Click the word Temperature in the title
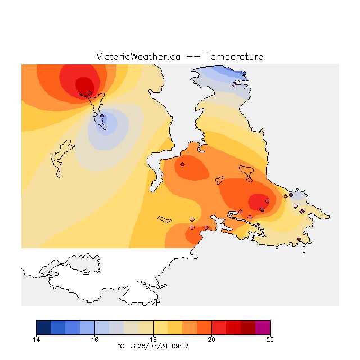point(234,57)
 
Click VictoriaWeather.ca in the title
point(138,57)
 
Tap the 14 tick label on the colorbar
point(36,340)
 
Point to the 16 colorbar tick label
point(94,340)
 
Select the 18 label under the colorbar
point(153,340)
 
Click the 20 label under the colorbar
point(211,340)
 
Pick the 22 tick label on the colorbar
point(270,340)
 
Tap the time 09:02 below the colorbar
point(180,346)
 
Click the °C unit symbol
point(121,346)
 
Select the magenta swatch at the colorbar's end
point(263,327)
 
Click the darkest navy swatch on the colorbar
point(43,327)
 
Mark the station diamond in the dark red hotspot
point(90,93)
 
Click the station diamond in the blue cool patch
point(102,116)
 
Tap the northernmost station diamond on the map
point(234,85)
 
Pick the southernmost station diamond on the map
point(299,238)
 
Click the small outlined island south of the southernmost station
point(304,250)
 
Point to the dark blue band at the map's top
point(232,71)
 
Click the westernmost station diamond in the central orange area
point(182,164)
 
